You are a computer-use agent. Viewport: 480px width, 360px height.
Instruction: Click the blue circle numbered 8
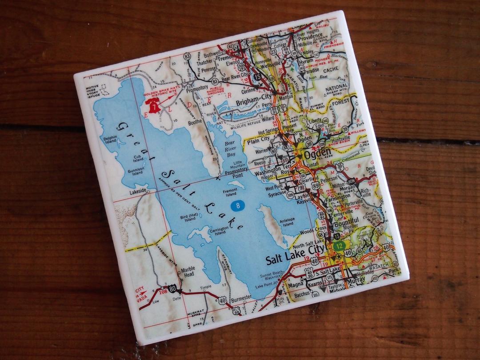[x=238, y=205]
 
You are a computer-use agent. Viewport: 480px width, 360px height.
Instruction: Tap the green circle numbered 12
[x=340, y=245]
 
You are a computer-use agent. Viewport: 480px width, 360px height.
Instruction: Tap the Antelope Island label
[x=287, y=222]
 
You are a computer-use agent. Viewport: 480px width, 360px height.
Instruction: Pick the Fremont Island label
[x=231, y=192]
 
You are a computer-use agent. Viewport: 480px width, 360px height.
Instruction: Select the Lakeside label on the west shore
[x=137, y=191]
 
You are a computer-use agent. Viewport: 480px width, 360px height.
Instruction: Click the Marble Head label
[x=188, y=272]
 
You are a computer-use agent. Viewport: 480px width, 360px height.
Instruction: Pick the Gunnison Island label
[x=135, y=171]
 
